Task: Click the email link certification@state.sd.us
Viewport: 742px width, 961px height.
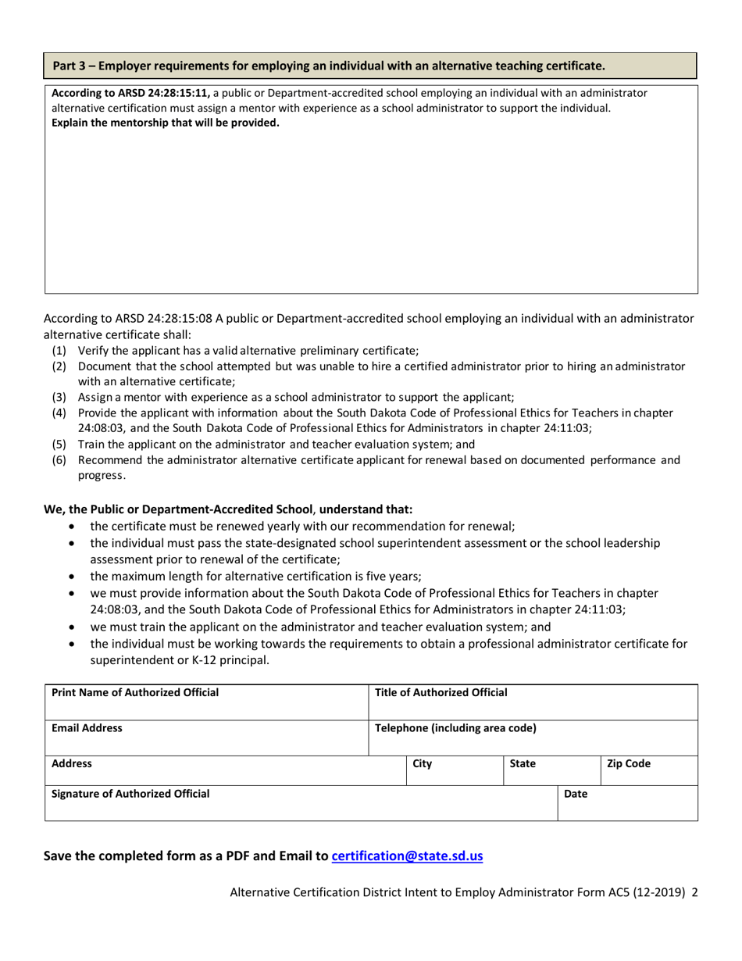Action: (x=407, y=856)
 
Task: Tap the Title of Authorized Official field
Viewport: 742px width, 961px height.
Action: (x=532, y=702)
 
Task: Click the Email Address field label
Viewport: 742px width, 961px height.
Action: (x=87, y=728)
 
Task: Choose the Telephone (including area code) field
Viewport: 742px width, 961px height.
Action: (x=532, y=737)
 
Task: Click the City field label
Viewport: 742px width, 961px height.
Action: (x=422, y=763)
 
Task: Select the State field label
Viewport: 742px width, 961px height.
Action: (x=522, y=763)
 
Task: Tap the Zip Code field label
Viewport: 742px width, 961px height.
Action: (x=628, y=763)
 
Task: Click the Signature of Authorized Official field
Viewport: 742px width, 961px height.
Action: (x=300, y=803)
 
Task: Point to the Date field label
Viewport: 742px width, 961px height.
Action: (x=575, y=794)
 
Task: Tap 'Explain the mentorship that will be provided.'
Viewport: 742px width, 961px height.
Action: (x=165, y=122)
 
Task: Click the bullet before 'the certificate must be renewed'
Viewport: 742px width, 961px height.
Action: (x=73, y=526)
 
